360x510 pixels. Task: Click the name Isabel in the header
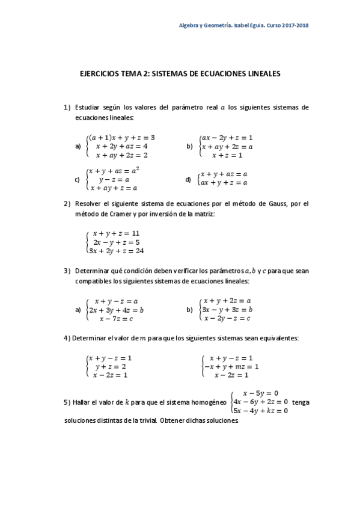(x=249, y=25)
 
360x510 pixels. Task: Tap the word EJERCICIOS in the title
(x=100, y=74)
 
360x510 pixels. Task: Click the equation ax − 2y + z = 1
(x=227, y=137)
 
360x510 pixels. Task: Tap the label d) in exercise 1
(x=188, y=179)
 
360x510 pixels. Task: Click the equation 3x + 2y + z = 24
(x=115, y=251)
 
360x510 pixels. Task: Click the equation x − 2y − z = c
(x=227, y=318)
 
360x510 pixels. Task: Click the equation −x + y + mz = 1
(x=231, y=366)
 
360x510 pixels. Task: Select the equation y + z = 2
(x=111, y=366)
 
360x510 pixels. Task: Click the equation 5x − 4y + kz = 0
(x=260, y=411)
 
